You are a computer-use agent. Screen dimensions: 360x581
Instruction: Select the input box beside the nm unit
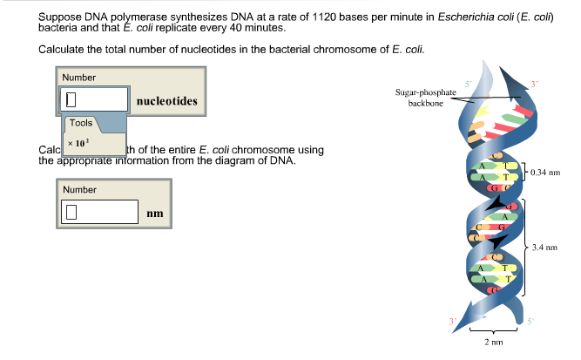(x=99, y=212)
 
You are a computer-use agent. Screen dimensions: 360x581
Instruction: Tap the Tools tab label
(x=80, y=123)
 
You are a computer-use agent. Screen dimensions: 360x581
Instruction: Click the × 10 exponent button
(x=79, y=141)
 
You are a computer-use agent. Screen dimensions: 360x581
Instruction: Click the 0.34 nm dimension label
(x=543, y=172)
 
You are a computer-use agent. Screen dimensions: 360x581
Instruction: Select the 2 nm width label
(x=494, y=342)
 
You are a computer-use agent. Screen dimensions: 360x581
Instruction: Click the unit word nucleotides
(x=166, y=102)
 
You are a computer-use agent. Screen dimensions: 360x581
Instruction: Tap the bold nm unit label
(x=155, y=213)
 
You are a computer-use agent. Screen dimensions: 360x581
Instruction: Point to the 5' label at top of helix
(x=468, y=82)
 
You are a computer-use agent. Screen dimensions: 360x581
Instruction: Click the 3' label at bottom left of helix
(x=452, y=321)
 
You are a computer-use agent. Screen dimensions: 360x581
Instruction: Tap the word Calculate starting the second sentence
(x=64, y=49)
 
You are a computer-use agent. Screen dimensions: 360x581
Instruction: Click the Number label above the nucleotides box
(x=79, y=78)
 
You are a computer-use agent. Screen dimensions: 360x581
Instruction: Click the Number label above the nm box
(x=79, y=189)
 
